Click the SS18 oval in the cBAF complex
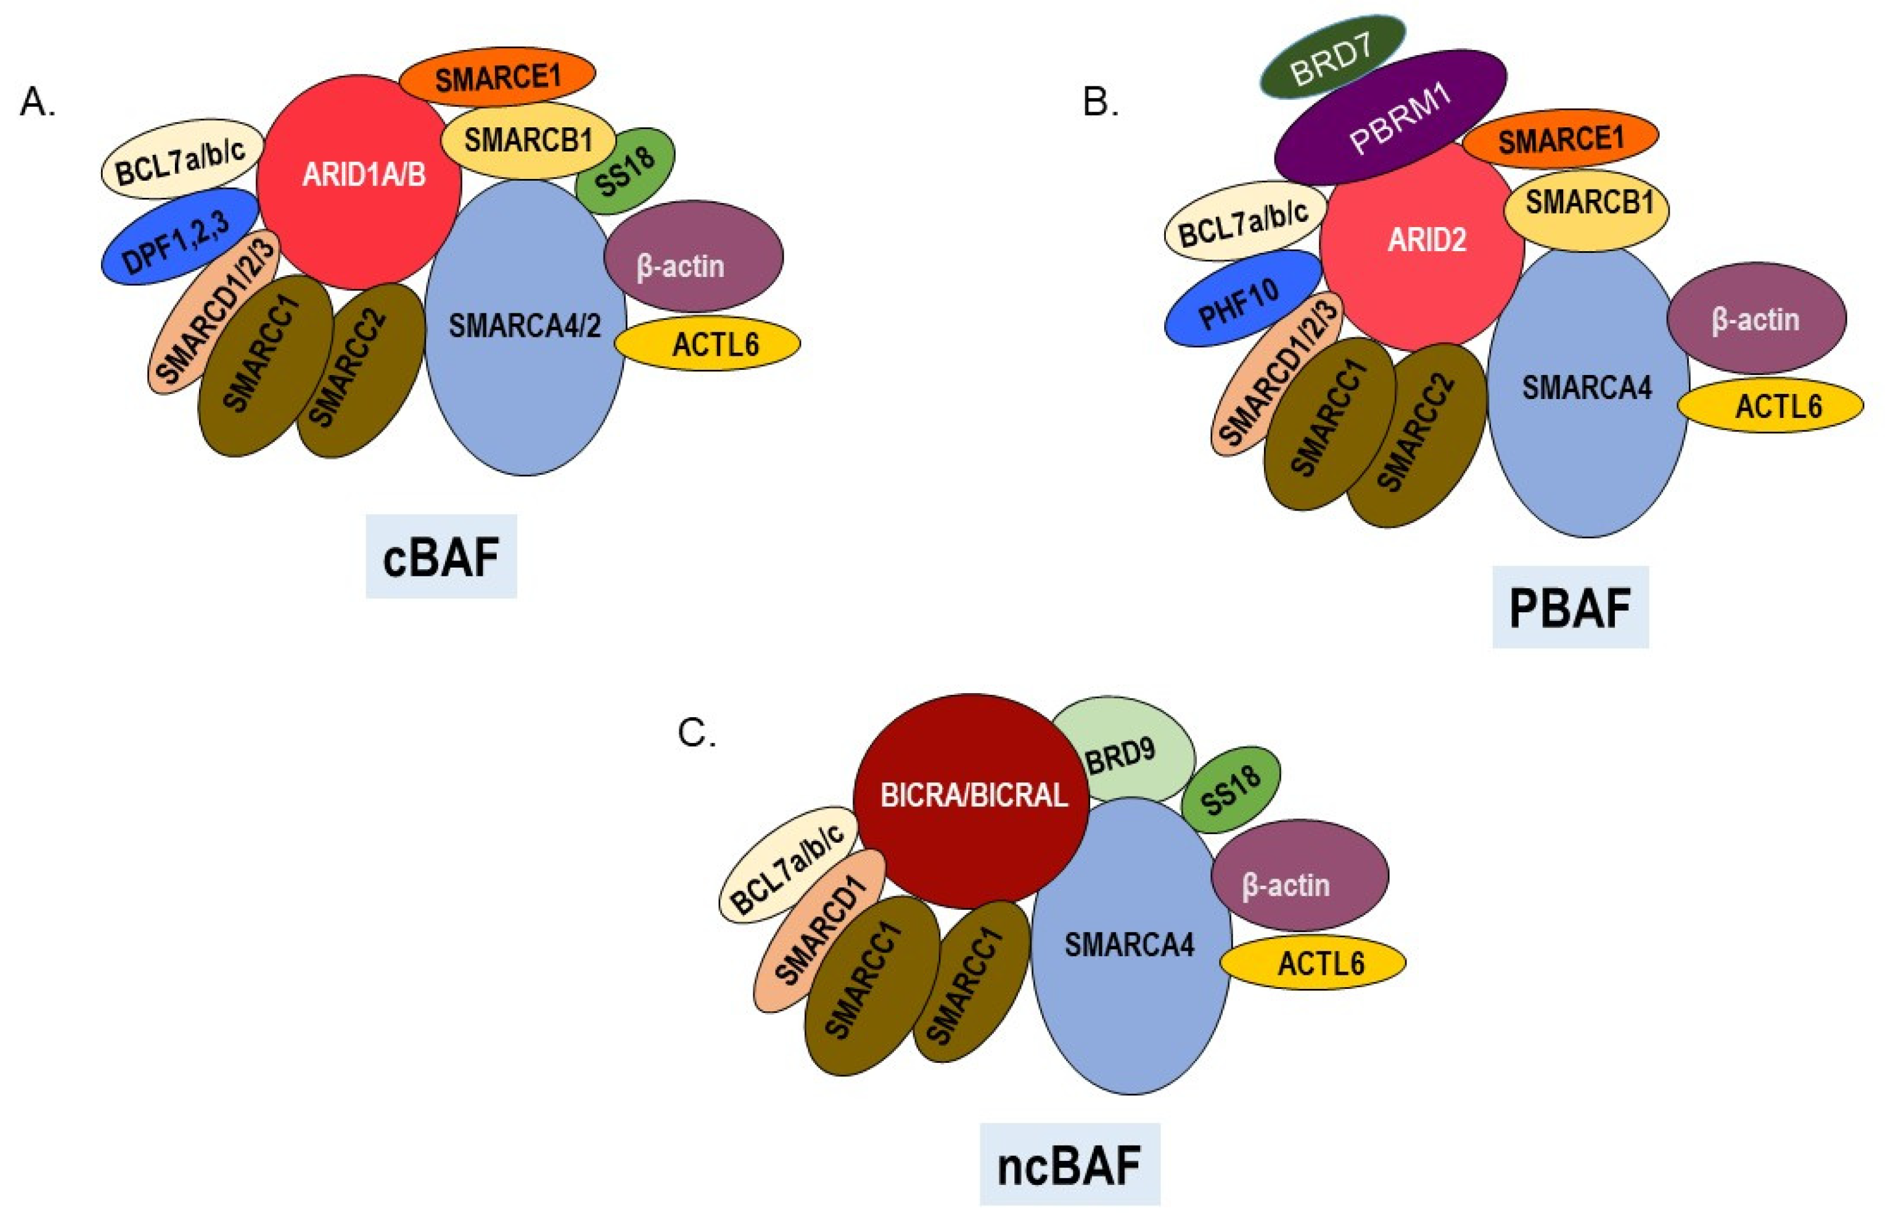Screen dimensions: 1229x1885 (x=626, y=171)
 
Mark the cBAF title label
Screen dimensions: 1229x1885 (x=441, y=557)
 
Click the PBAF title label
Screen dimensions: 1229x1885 (x=1570, y=607)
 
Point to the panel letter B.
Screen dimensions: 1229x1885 (x=1100, y=103)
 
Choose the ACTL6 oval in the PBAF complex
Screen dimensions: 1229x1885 (x=1770, y=406)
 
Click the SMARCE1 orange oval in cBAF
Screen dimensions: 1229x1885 (x=497, y=77)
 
